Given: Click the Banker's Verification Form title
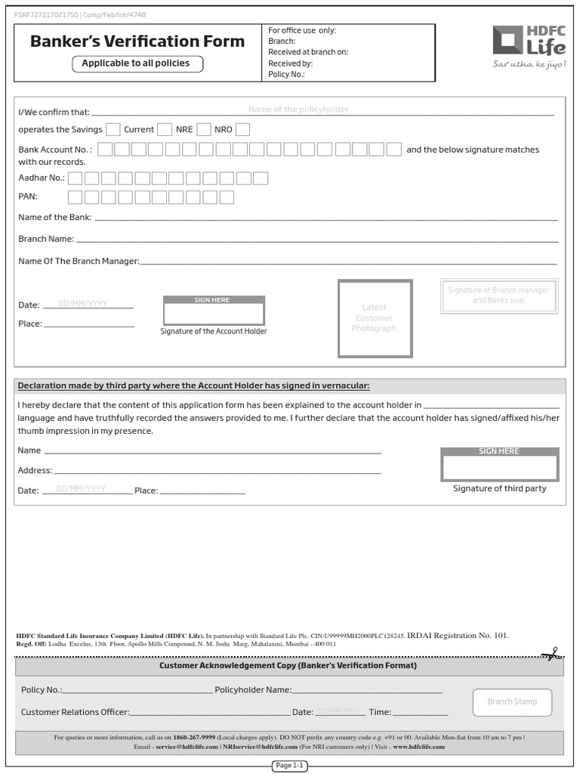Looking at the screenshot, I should pyautogui.click(x=137, y=42).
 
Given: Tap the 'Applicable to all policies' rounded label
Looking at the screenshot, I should pyautogui.click(x=137, y=63).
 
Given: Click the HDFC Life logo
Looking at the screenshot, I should pyautogui.click(x=528, y=46).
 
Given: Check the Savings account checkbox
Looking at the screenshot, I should pyautogui.click(x=113, y=129).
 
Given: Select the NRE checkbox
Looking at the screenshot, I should pyautogui.click(x=203, y=129).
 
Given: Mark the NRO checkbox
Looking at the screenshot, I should pyautogui.click(x=242, y=129).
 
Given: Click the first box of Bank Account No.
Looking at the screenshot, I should pyautogui.click(x=106, y=150).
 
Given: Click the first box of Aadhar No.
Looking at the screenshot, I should pyautogui.click(x=75, y=178).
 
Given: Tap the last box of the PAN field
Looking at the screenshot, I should pyautogui.click(x=226, y=197).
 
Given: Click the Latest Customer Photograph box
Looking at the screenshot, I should pyautogui.click(x=375, y=318).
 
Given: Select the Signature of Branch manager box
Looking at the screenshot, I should pyautogui.click(x=498, y=296).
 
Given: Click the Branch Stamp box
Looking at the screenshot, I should pyautogui.click(x=512, y=702).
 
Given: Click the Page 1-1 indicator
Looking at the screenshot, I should pyautogui.click(x=289, y=766).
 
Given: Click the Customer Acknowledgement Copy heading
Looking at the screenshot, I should pyautogui.click(x=288, y=666).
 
